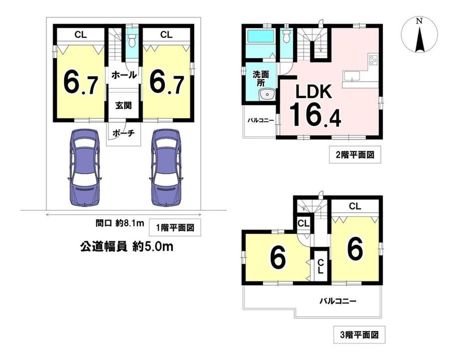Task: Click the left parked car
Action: pos(85,168)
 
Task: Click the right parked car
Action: pos(166,168)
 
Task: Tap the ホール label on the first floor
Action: pos(124,75)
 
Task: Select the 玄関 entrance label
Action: pos(123,105)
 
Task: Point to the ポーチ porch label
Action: pos(123,133)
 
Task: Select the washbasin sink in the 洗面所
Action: pos(266,95)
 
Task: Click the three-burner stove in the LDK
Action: pos(373,60)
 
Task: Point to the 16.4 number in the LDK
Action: pos(315,114)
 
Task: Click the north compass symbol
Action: pos(420,34)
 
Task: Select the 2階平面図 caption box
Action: pos(355,154)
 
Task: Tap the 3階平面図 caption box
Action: pos(359,335)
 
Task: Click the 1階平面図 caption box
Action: pos(175,227)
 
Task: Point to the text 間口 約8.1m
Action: pos(120,224)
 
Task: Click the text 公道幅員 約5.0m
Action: pos(127,247)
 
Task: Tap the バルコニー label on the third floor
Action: pos(338,301)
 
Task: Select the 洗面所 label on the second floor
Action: pos(261,78)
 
